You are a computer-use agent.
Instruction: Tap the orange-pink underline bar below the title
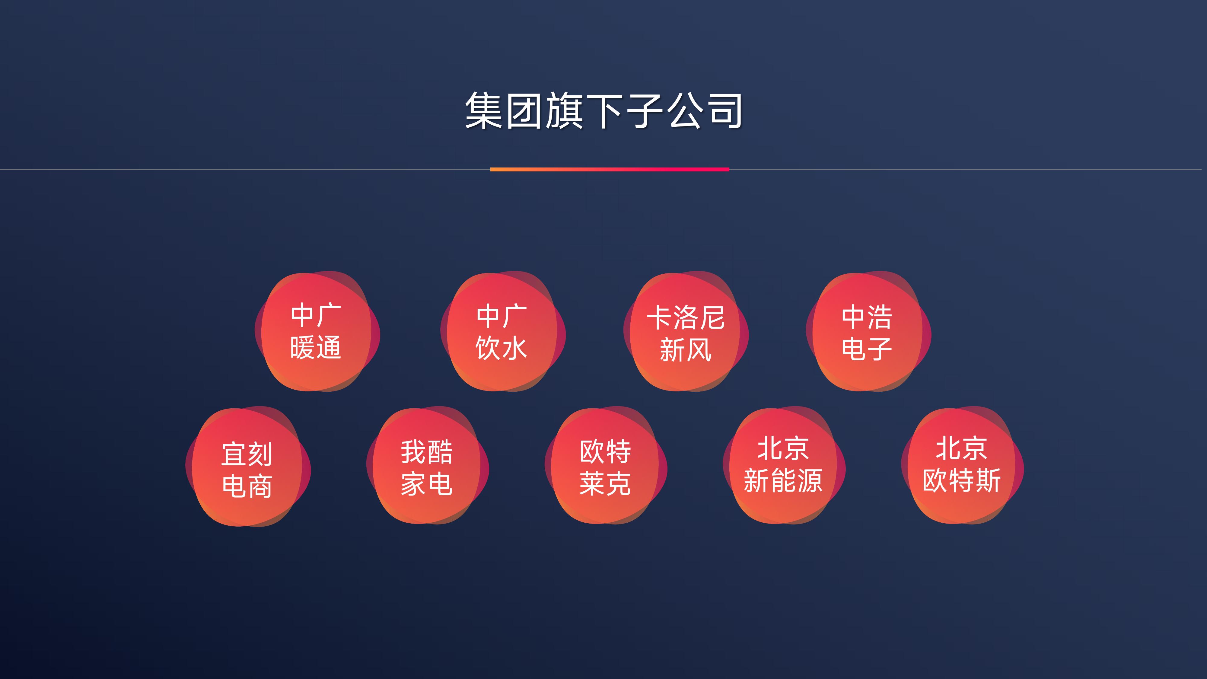point(610,169)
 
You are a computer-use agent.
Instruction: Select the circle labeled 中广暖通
point(317,331)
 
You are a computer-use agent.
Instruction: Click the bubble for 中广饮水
point(503,331)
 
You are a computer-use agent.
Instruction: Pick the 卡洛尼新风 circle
point(686,331)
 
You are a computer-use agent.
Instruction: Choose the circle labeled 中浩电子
point(868,331)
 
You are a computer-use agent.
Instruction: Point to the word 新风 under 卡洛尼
point(686,349)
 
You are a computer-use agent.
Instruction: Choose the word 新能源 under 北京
point(783,480)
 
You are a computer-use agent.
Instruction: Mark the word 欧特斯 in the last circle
point(962,480)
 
